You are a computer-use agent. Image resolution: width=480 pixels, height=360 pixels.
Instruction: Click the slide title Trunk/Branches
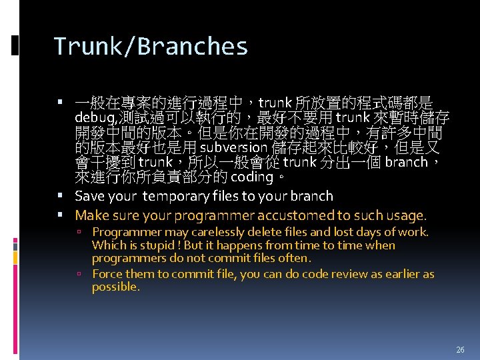(x=151, y=47)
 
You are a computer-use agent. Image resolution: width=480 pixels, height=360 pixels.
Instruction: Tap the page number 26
(x=460, y=349)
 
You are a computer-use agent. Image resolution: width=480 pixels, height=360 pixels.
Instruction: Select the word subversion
(x=231, y=147)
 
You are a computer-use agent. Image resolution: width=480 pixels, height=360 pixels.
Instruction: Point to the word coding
(x=252, y=177)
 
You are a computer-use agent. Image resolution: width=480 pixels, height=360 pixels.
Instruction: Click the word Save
(x=89, y=196)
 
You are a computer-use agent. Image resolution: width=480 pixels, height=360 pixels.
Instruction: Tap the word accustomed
(x=296, y=215)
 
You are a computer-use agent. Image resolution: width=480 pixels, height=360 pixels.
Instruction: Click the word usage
(x=404, y=215)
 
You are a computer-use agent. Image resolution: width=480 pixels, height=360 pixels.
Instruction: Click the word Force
(x=107, y=274)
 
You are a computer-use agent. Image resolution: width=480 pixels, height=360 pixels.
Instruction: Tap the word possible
(x=115, y=287)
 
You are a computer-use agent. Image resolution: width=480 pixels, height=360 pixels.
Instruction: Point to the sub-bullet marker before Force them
(x=79, y=274)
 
